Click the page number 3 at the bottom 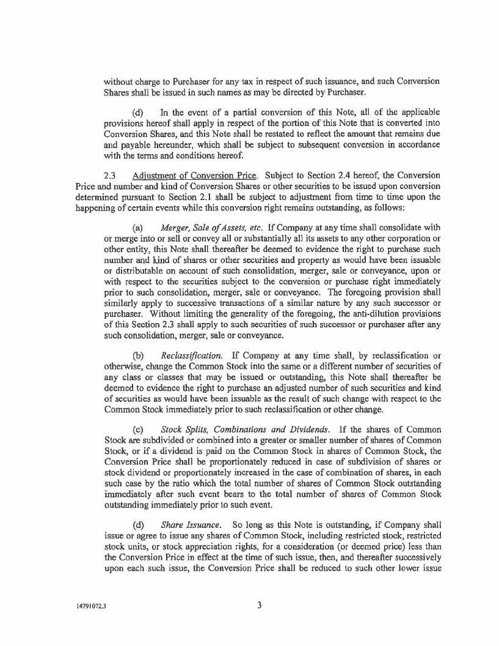[260, 606]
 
